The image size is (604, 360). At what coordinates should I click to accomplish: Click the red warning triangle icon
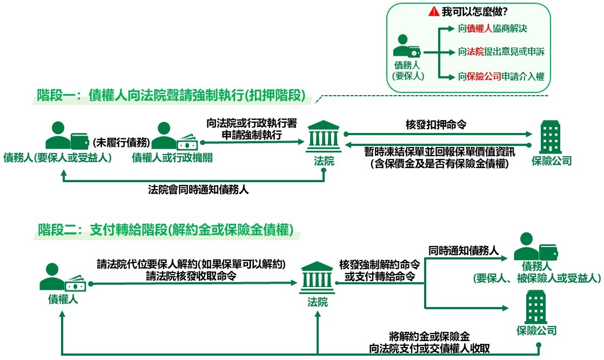click(x=434, y=11)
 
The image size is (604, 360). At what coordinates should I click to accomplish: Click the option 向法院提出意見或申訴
click(x=501, y=52)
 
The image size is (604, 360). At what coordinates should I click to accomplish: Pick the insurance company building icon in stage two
click(x=536, y=306)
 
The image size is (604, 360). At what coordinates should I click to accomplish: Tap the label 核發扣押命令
click(x=436, y=125)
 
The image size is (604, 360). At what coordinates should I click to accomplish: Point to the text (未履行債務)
click(x=120, y=143)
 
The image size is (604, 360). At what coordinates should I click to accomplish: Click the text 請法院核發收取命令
click(x=191, y=276)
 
